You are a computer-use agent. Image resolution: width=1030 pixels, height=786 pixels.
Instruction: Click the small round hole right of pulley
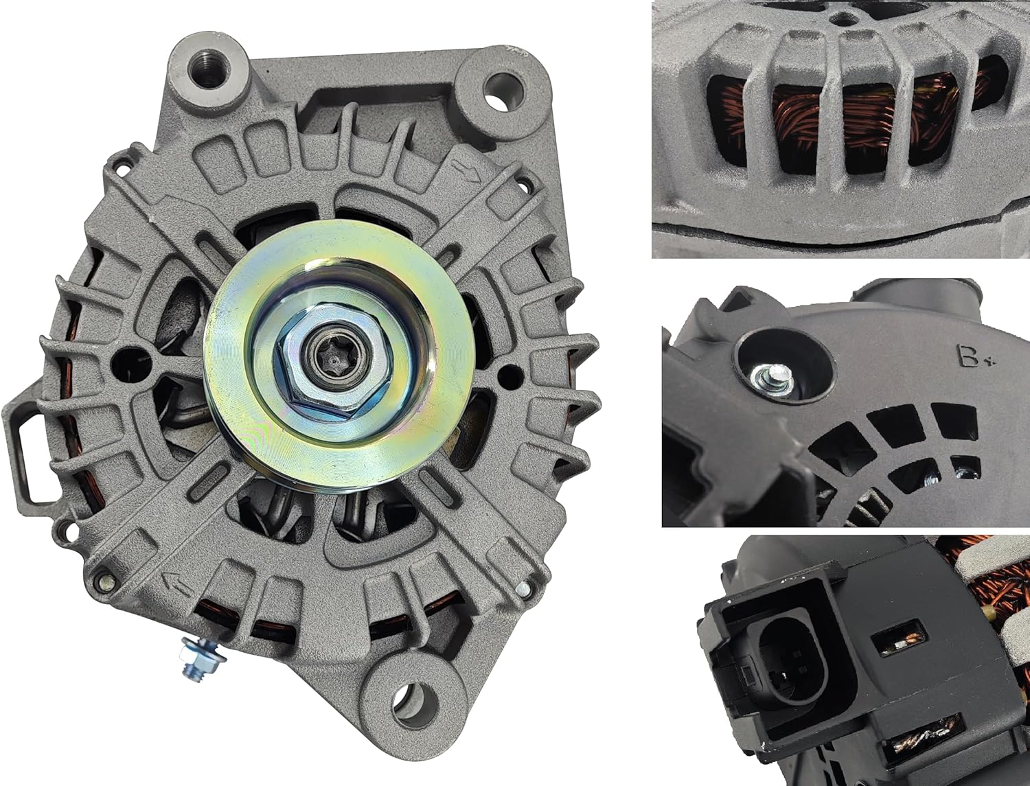pyautogui.click(x=508, y=373)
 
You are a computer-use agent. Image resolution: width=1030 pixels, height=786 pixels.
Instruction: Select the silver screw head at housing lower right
pyautogui.click(x=524, y=588)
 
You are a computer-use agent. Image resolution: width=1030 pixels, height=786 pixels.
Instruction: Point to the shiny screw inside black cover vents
pyautogui.click(x=967, y=472)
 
